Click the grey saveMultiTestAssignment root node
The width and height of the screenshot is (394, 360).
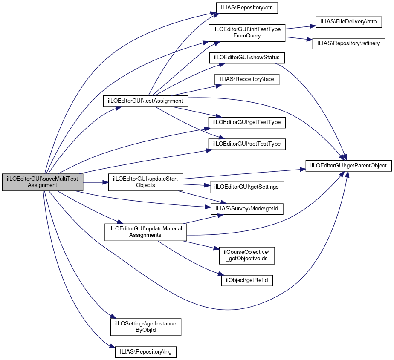click(42, 182)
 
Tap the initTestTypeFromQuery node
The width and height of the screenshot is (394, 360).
click(246, 33)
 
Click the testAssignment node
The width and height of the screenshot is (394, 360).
click(145, 101)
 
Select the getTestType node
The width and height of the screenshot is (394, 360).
click(246, 122)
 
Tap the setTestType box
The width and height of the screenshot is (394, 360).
click(246, 144)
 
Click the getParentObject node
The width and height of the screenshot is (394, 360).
click(348, 166)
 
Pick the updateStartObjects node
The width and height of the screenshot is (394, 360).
click(145, 182)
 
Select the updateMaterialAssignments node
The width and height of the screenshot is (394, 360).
click(145, 231)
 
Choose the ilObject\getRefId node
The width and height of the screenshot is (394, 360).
click(246, 280)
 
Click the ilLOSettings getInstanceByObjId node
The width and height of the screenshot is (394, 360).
click(145, 327)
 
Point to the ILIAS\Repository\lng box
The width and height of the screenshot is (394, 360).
click(145, 352)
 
